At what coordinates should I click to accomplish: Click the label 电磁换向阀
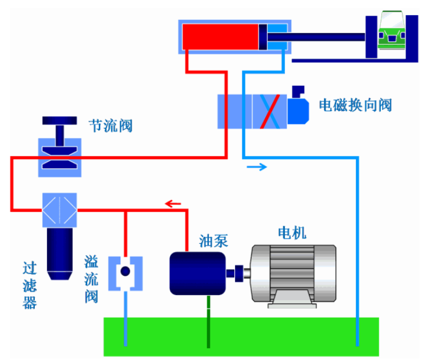(x=355, y=105)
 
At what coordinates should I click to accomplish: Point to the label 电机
(x=292, y=233)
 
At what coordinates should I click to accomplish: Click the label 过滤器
(x=30, y=285)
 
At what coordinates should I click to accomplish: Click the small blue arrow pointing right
(x=256, y=168)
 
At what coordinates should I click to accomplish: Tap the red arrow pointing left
(x=173, y=204)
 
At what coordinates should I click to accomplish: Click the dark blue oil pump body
(x=197, y=272)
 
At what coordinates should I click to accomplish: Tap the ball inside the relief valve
(x=125, y=271)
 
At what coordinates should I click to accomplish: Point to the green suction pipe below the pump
(x=208, y=320)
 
